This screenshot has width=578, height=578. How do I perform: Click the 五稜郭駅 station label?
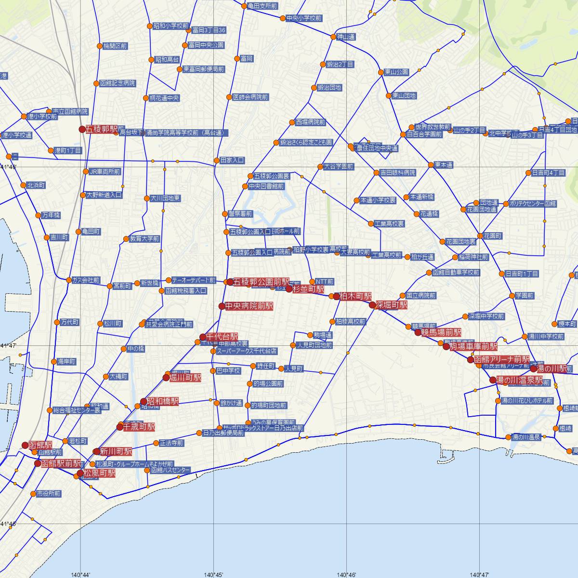click(x=102, y=130)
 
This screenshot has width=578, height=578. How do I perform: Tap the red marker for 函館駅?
click(x=25, y=446)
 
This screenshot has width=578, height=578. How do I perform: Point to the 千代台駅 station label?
click(x=222, y=337)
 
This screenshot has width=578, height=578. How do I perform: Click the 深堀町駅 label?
click(x=392, y=305)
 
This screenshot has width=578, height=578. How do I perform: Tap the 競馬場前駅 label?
click(x=441, y=332)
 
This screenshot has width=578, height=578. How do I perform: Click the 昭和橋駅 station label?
click(x=162, y=401)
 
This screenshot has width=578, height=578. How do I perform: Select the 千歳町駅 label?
click(x=139, y=427)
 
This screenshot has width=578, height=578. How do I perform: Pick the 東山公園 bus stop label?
click(x=396, y=72)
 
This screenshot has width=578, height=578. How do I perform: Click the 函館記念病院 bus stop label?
click(x=118, y=83)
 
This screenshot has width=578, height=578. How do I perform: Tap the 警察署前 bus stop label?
click(x=240, y=213)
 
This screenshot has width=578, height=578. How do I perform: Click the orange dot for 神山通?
click(x=333, y=37)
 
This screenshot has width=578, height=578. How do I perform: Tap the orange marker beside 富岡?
click(x=236, y=58)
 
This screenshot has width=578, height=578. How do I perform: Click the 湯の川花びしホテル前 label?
click(x=527, y=401)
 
